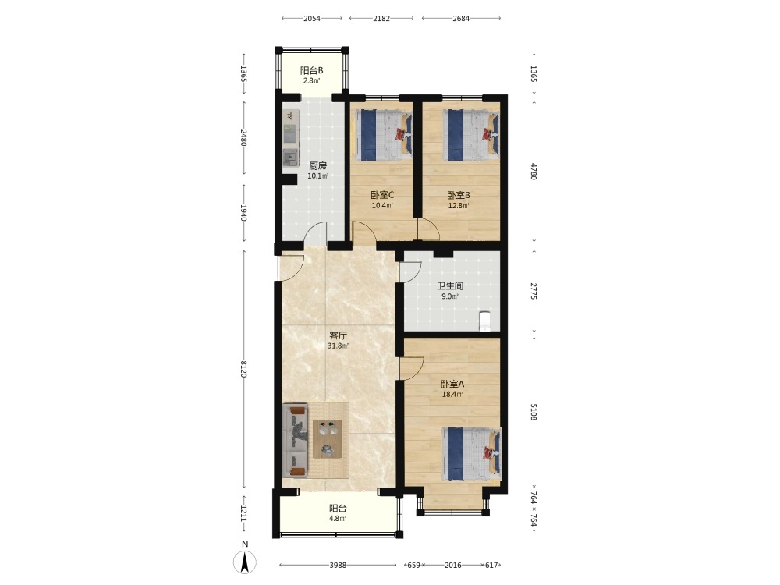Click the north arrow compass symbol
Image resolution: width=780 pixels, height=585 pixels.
(x=245, y=562)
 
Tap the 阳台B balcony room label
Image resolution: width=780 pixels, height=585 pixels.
(x=311, y=71)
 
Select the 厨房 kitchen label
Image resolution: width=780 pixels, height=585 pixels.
(x=318, y=165)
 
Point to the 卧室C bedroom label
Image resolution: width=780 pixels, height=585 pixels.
(x=382, y=195)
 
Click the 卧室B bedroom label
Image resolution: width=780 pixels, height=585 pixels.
(x=458, y=195)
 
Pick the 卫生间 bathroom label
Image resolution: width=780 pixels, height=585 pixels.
(x=450, y=286)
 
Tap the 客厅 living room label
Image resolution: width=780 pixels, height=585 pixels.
(x=339, y=335)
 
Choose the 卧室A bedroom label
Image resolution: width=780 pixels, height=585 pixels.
(x=452, y=384)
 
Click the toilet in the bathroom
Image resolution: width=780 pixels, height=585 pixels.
(x=484, y=321)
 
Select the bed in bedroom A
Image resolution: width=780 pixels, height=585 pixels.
(x=471, y=454)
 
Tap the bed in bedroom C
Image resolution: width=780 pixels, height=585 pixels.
(x=384, y=135)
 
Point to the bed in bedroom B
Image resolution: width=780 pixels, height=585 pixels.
(x=470, y=135)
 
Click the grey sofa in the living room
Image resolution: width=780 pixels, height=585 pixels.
(x=295, y=440)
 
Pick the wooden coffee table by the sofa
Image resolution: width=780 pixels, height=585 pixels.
(x=328, y=438)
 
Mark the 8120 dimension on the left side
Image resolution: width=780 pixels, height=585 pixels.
(x=243, y=369)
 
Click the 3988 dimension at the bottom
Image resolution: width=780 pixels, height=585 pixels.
(x=338, y=565)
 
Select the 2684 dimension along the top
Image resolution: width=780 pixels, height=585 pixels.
(x=461, y=19)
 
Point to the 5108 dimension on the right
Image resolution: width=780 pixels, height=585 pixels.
(x=534, y=411)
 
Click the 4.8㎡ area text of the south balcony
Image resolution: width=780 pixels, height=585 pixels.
(x=337, y=519)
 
